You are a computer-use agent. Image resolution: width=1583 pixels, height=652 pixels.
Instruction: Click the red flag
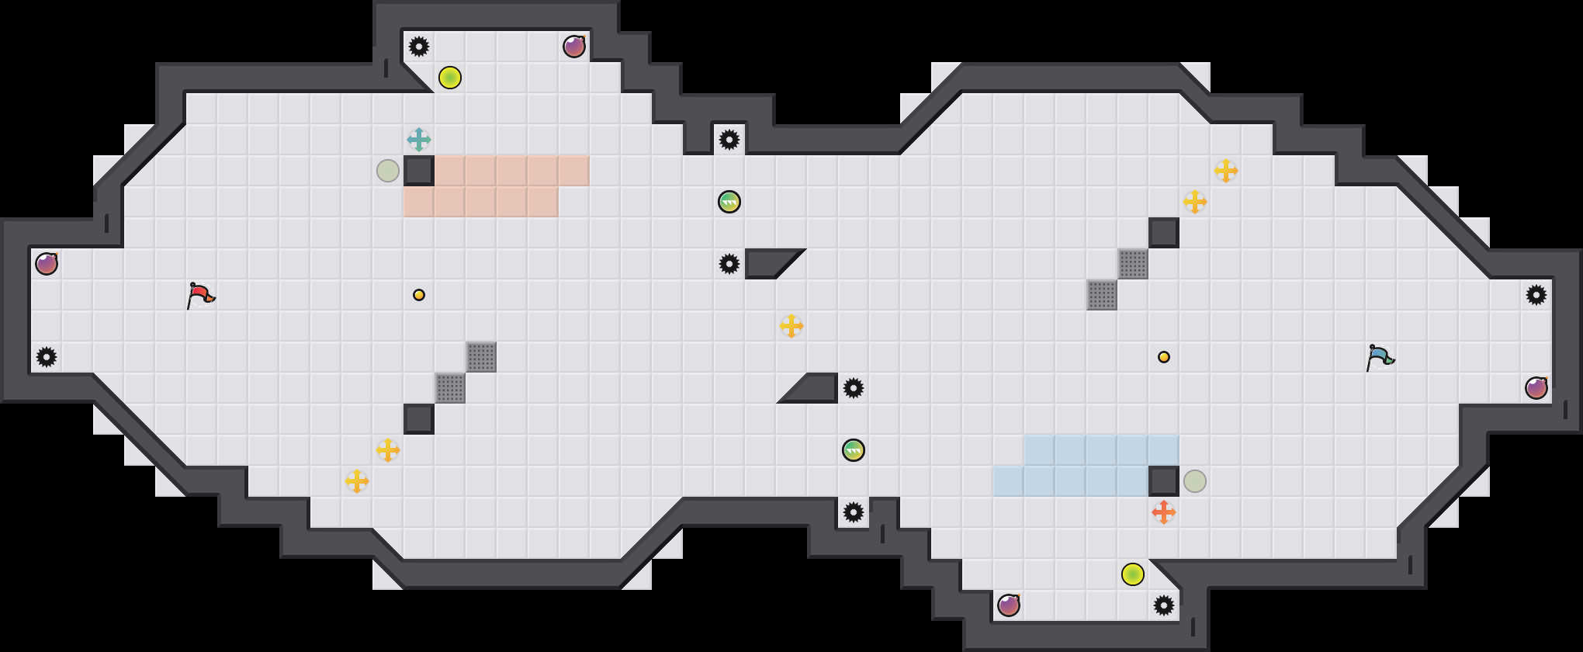click(x=199, y=295)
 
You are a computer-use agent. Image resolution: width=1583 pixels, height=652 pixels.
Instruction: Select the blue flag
click(x=1379, y=357)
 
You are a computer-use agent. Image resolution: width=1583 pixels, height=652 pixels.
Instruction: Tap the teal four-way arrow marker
click(x=419, y=140)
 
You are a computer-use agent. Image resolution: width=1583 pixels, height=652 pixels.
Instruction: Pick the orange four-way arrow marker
click(x=1164, y=512)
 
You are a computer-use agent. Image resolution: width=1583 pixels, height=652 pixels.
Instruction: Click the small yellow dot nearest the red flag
click(x=419, y=295)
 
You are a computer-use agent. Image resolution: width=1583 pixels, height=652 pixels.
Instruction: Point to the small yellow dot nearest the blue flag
click(x=1164, y=357)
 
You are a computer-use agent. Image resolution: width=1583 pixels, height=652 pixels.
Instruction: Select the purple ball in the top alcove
click(x=574, y=47)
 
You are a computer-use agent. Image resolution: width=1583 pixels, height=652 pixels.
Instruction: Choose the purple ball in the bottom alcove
click(x=1009, y=605)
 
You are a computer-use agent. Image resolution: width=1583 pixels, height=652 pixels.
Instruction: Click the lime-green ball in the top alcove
click(x=450, y=78)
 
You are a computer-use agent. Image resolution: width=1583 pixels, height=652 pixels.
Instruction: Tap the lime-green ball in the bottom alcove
click(x=1133, y=574)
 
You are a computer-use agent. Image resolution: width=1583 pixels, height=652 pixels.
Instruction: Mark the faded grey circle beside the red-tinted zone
click(x=388, y=171)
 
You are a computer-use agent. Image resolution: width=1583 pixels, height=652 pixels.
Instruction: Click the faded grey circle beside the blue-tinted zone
click(x=1195, y=481)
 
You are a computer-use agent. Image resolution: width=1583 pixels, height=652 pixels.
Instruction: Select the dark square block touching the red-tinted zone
click(x=419, y=171)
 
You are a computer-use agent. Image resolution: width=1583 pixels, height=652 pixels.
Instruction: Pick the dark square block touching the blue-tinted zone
click(x=1164, y=481)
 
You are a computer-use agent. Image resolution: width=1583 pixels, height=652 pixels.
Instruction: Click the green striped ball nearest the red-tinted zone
click(x=729, y=202)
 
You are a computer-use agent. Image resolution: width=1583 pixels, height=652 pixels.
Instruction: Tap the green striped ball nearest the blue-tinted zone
click(x=854, y=450)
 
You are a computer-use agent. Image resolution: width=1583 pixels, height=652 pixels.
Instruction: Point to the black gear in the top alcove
click(x=419, y=47)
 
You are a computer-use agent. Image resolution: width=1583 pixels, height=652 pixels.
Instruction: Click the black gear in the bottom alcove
click(x=1164, y=605)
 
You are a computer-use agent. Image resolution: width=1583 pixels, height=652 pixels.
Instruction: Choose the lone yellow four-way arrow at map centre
click(x=791, y=326)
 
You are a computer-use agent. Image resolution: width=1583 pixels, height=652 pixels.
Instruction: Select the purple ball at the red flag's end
click(x=47, y=264)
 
